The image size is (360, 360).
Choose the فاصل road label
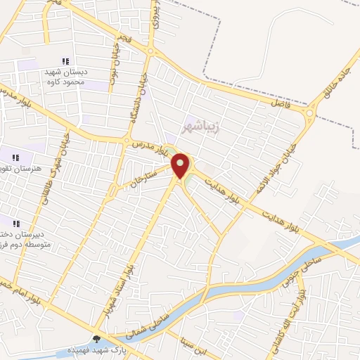click(278, 103)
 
